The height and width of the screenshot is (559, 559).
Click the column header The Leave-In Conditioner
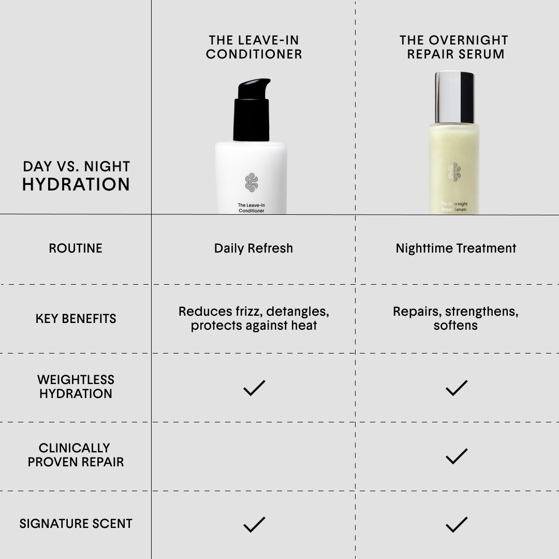[x=254, y=47]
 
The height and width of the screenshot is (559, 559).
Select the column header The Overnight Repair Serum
[x=454, y=47]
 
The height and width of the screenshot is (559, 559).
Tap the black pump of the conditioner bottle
[x=252, y=110]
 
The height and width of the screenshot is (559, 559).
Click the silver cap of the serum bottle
[x=454, y=97]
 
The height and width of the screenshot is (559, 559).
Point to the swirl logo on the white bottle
[x=252, y=182]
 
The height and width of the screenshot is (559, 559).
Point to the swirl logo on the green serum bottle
[x=454, y=172]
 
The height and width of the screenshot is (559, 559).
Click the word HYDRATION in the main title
[x=76, y=184]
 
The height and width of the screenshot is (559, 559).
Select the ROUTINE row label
[x=76, y=248]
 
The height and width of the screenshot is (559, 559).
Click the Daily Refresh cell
[x=254, y=248]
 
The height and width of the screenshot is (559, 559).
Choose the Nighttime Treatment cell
[x=456, y=248]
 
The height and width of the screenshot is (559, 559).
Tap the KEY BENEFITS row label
[x=76, y=318]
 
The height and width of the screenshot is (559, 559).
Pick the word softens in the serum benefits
[x=455, y=325]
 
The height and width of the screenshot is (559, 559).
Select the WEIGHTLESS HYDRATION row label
[x=76, y=387]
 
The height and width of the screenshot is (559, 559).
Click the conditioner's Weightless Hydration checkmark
[x=254, y=388]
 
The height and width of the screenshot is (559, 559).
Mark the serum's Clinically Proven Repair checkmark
[x=457, y=457]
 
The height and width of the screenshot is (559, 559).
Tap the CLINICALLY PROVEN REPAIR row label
[x=76, y=455]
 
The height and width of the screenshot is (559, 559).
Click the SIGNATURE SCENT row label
[x=76, y=523]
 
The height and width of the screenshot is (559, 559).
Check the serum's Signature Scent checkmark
[x=457, y=525]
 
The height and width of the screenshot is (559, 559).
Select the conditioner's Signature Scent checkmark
[x=254, y=525]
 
